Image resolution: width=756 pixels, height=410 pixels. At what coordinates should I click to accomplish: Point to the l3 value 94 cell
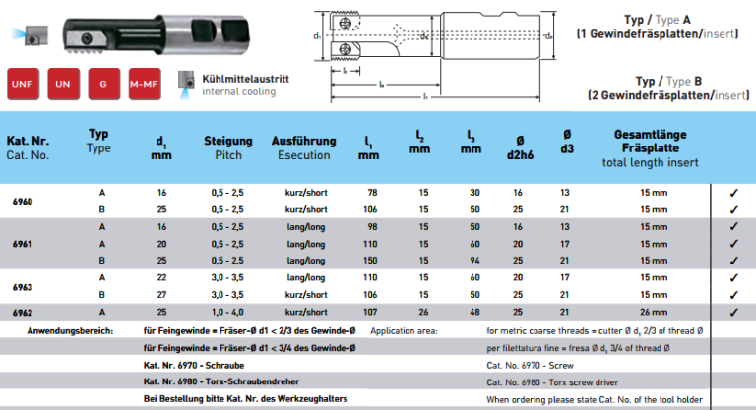[x=474, y=260]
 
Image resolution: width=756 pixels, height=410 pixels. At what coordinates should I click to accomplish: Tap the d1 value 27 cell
[x=162, y=294]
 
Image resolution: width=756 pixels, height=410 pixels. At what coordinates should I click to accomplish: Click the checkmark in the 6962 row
[x=733, y=312]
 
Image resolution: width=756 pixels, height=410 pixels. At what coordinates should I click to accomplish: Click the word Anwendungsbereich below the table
[x=70, y=331]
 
